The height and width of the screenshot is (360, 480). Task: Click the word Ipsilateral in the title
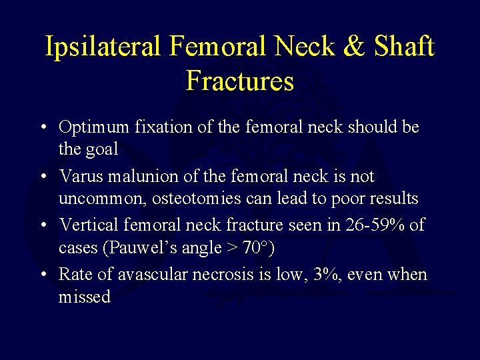(103, 47)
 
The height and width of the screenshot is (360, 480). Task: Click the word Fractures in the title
(240, 81)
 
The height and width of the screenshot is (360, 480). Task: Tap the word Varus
(81, 176)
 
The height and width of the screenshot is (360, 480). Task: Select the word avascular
(135, 275)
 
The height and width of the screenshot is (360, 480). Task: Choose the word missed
(85, 297)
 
